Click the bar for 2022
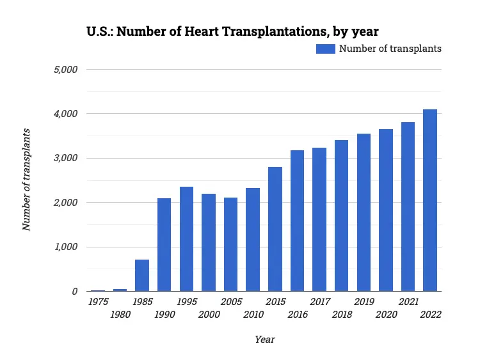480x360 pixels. (430, 200)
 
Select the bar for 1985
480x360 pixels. (142, 275)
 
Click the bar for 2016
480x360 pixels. (297, 221)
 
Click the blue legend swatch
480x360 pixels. (325, 49)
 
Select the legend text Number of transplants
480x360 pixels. (390, 49)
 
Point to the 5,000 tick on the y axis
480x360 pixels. (64, 69)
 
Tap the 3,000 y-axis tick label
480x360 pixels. (64, 158)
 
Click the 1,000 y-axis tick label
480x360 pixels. (64, 247)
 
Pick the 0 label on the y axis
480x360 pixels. (74, 292)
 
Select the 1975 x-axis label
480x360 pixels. (98, 302)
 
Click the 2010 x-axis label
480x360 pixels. (253, 315)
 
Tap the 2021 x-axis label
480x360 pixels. (408, 302)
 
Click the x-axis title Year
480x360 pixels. (264, 340)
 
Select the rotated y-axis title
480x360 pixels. (26, 180)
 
